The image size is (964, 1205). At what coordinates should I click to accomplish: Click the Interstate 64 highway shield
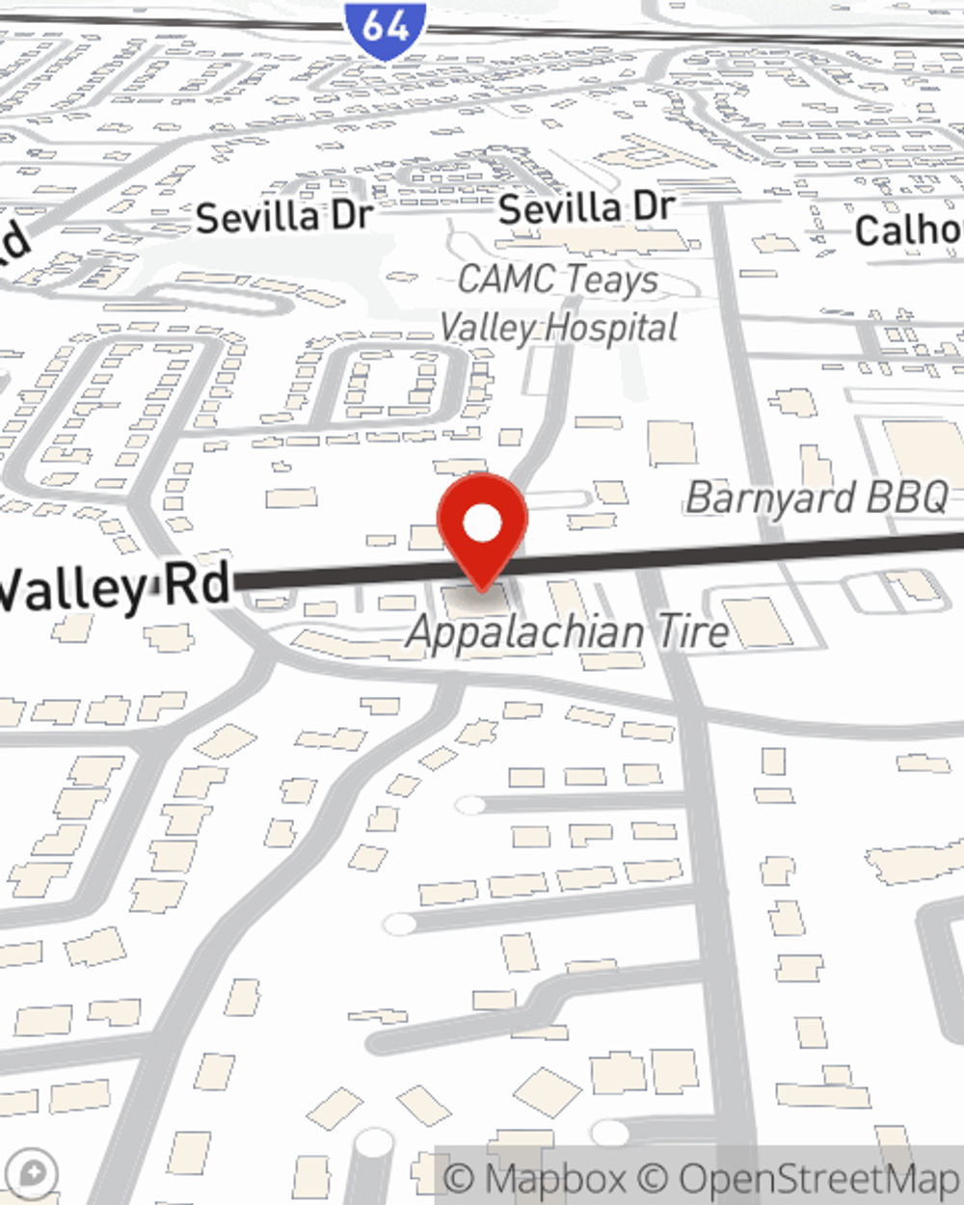pos(385,29)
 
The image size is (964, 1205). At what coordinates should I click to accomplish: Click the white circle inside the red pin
pos(482,524)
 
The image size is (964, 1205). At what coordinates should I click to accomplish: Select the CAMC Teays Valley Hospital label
pos(559,304)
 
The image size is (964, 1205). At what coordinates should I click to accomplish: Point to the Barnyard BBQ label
pos(817,498)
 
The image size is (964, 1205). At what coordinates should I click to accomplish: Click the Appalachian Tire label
pos(568,632)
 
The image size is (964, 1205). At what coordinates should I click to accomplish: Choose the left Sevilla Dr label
pos(283,217)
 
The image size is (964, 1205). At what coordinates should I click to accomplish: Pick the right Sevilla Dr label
pos(586,208)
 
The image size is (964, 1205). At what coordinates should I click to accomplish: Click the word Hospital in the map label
pos(611,328)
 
